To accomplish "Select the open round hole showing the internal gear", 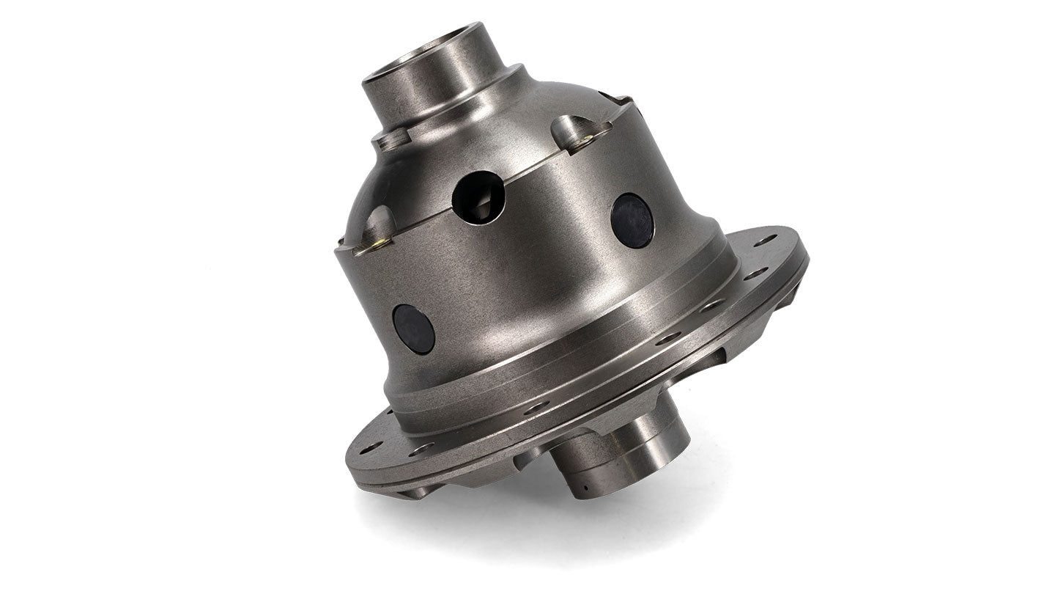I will [478, 197].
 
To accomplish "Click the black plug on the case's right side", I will [632, 220].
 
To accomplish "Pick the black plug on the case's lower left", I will [414, 329].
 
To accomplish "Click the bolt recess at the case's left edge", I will [375, 229].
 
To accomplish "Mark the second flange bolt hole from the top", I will [754, 273].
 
